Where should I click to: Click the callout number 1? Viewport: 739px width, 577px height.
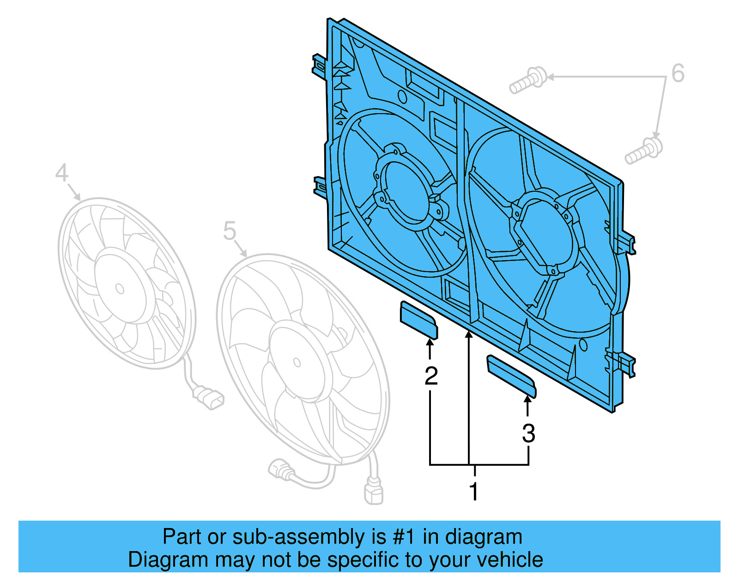coord(474,491)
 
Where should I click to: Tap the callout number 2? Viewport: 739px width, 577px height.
coord(431,376)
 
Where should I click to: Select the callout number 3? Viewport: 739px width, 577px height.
coord(528,433)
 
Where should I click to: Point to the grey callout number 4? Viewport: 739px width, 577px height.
coord(61,173)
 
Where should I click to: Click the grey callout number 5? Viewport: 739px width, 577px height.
coord(230,231)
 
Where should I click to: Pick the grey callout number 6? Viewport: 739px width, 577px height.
coord(678,73)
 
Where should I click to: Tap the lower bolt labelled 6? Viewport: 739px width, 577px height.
coord(644,151)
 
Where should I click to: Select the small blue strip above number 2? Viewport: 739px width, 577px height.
coord(418,320)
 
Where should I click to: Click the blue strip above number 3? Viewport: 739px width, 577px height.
coord(511,376)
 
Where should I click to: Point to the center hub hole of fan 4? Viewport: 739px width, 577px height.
coord(120,289)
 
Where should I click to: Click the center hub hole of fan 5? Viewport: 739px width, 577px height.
coord(297,363)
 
